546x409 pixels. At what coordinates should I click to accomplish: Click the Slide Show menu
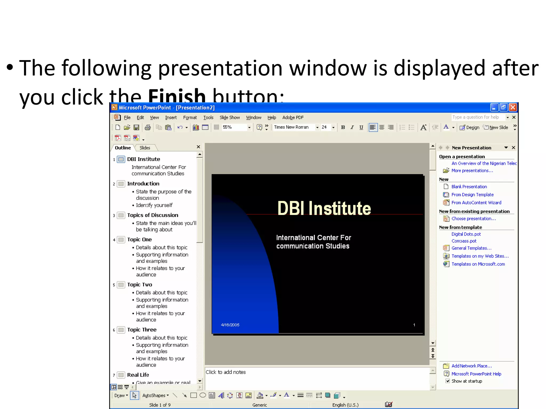(x=230, y=117)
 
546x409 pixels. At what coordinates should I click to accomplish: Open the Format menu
(x=190, y=117)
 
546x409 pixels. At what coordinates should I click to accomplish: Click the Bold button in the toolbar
(x=343, y=127)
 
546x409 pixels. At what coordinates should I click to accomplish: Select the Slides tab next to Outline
(x=145, y=148)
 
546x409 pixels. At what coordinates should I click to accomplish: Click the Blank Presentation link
(x=469, y=187)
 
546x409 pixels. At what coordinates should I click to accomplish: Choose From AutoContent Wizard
(x=476, y=203)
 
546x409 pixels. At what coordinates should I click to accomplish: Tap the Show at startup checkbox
(x=448, y=381)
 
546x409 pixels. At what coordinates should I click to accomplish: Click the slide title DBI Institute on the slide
(x=324, y=208)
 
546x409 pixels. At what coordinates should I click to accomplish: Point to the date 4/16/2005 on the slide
(x=230, y=325)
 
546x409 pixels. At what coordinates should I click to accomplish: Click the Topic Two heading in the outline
(x=139, y=285)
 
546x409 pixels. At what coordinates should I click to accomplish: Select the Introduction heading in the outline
(x=143, y=184)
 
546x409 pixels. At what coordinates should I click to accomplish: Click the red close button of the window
(x=513, y=107)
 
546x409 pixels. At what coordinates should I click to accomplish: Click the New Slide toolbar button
(x=496, y=128)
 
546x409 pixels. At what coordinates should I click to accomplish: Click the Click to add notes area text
(x=226, y=372)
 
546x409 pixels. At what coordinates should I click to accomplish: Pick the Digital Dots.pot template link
(x=466, y=234)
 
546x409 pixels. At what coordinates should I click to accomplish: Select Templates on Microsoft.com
(x=478, y=264)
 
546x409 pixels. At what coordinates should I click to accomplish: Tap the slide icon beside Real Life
(x=121, y=375)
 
